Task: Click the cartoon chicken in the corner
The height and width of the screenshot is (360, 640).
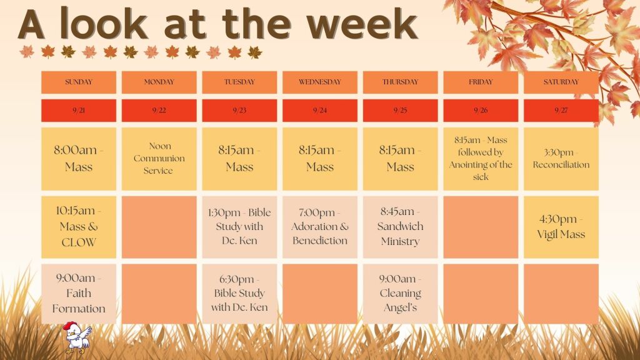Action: (78, 337)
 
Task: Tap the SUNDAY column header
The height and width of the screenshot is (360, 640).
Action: (79, 82)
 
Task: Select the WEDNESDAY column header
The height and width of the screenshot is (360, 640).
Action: (320, 82)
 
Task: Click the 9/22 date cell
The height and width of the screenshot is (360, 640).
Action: (159, 110)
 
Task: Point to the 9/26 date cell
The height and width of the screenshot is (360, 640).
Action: (481, 110)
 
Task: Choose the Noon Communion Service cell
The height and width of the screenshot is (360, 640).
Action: (159, 159)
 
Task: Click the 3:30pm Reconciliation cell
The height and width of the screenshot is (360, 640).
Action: (561, 159)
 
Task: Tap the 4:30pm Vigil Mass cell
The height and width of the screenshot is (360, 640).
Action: (561, 227)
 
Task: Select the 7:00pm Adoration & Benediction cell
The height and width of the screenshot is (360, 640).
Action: (320, 227)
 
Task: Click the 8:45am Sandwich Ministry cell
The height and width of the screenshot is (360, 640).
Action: (401, 227)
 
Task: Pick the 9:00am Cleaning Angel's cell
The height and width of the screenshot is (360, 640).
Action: (401, 294)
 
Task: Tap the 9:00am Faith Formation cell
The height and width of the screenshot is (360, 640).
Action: (79, 294)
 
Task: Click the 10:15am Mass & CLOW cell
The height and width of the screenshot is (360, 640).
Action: (79, 227)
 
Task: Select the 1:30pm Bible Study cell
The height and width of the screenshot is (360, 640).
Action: (239, 227)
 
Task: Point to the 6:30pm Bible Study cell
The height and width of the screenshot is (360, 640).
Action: (239, 294)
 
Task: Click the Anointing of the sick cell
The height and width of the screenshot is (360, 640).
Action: (481, 159)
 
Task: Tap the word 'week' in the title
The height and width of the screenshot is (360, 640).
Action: (362, 24)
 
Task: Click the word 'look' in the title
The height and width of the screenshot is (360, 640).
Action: (104, 24)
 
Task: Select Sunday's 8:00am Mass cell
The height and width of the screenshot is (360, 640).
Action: (79, 159)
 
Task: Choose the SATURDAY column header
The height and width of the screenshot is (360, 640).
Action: (561, 82)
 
